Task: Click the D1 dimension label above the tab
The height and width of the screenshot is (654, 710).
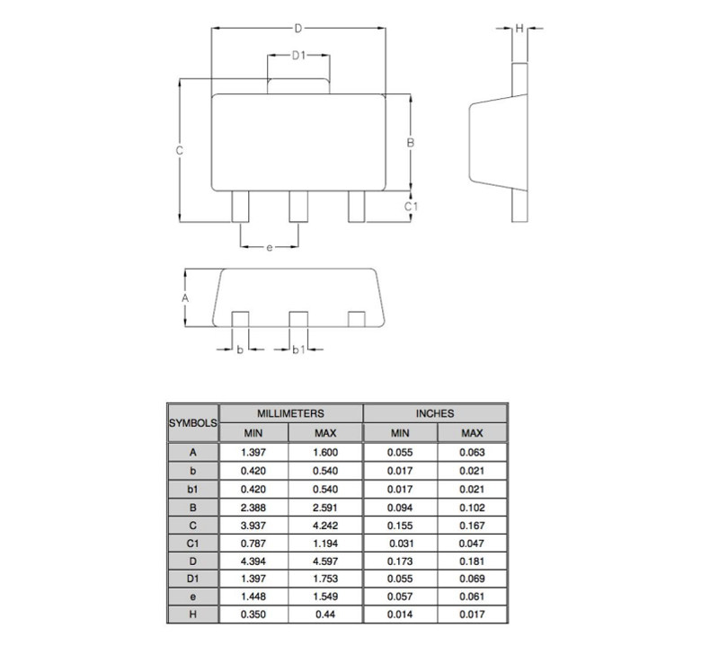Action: tap(298, 55)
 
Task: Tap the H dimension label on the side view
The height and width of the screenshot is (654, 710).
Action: tap(519, 29)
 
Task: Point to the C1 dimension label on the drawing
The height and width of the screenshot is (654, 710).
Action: tap(411, 207)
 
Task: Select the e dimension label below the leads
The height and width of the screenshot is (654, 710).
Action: tap(270, 247)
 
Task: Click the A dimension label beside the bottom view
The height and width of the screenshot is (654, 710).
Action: tap(185, 298)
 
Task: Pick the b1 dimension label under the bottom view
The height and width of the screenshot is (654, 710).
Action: tap(298, 349)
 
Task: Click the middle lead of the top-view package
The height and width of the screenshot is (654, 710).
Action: tap(298, 207)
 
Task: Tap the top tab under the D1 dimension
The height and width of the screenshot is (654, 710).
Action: tap(298, 86)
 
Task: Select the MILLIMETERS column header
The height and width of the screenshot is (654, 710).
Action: tap(290, 413)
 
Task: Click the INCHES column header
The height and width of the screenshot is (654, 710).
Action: tap(435, 413)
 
